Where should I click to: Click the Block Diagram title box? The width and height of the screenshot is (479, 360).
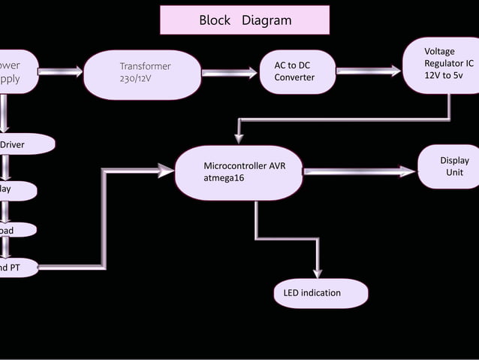pyautogui.click(x=245, y=20)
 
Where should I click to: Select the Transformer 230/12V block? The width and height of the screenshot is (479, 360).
pyautogui.click(x=142, y=74)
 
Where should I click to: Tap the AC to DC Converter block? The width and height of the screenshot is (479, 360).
pyautogui.click(x=297, y=72)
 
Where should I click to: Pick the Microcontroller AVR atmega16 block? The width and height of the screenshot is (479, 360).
pyautogui.click(x=239, y=172)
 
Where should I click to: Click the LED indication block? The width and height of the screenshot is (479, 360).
pyautogui.click(x=321, y=293)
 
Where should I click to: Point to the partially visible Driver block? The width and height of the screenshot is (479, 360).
pyautogui.click(x=23, y=144)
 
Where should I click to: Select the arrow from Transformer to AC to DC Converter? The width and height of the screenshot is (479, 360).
pyautogui.click(x=230, y=73)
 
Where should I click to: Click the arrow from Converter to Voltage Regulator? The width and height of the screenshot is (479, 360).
pyautogui.click(x=368, y=71)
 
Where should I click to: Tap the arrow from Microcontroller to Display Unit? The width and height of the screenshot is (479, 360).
pyautogui.click(x=359, y=171)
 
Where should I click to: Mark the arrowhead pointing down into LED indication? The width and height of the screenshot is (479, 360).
pyautogui.click(x=318, y=272)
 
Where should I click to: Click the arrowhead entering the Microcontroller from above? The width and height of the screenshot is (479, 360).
pyautogui.click(x=239, y=138)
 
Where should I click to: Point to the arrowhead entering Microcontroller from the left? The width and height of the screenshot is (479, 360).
pyautogui.click(x=167, y=171)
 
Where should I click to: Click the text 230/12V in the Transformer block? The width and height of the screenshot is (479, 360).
pyautogui.click(x=135, y=79)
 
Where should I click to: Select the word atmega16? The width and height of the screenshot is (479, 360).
pyautogui.click(x=224, y=178)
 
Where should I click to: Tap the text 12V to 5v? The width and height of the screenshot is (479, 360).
pyautogui.click(x=444, y=77)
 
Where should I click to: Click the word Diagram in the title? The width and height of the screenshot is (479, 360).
pyautogui.click(x=267, y=20)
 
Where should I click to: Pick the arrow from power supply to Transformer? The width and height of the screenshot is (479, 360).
pyautogui.click(x=61, y=71)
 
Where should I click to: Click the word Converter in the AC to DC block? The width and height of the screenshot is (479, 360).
pyautogui.click(x=294, y=78)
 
